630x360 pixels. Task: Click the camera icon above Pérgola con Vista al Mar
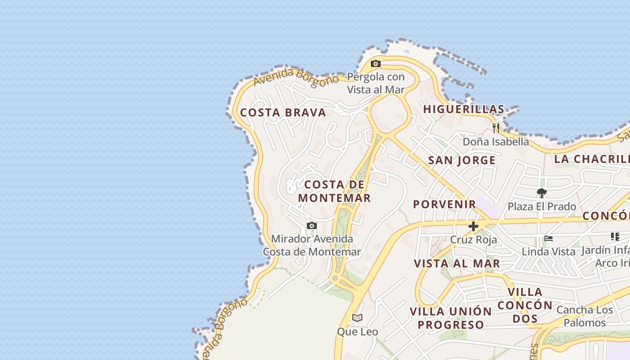point(375,64)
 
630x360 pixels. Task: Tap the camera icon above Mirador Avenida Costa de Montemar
point(311,225)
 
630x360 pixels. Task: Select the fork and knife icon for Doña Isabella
point(495,128)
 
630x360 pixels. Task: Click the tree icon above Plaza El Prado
point(541,193)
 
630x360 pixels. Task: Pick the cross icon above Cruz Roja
point(473,226)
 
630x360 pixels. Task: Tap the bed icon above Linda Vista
point(548,238)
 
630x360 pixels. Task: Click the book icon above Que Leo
point(357,318)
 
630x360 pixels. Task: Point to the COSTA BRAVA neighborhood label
point(283,112)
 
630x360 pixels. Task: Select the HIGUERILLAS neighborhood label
point(463,109)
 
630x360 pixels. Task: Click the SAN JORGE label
point(462,161)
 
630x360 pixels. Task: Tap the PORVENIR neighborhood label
point(445,204)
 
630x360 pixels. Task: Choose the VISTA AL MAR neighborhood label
point(457,264)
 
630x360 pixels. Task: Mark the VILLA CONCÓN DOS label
point(525,306)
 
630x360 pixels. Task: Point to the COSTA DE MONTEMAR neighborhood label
point(334,191)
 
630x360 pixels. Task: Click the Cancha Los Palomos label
point(585,316)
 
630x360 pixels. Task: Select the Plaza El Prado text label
point(542,207)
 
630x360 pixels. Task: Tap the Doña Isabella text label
point(496,142)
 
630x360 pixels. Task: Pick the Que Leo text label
point(357,332)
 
